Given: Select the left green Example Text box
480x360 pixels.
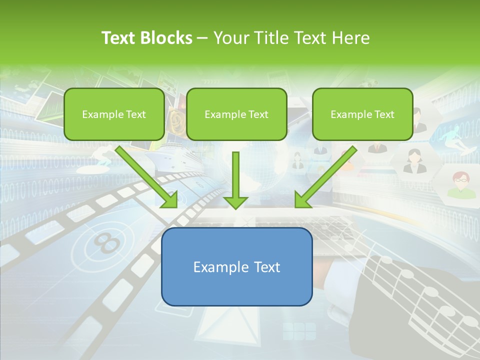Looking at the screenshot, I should pyautogui.click(x=114, y=114).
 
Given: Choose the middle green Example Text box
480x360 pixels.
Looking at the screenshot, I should pyautogui.click(x=236, y=114).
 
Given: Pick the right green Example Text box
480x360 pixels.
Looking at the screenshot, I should pyautogui.click(x=362, y=114).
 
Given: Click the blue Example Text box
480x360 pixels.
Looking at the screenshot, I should pyautogui.click(x=236, y=266).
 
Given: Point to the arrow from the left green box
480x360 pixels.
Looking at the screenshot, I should pyautogui.click(x=147, y=177).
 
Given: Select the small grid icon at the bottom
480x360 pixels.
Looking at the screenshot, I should pyautogui.click(x=299, y=331).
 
